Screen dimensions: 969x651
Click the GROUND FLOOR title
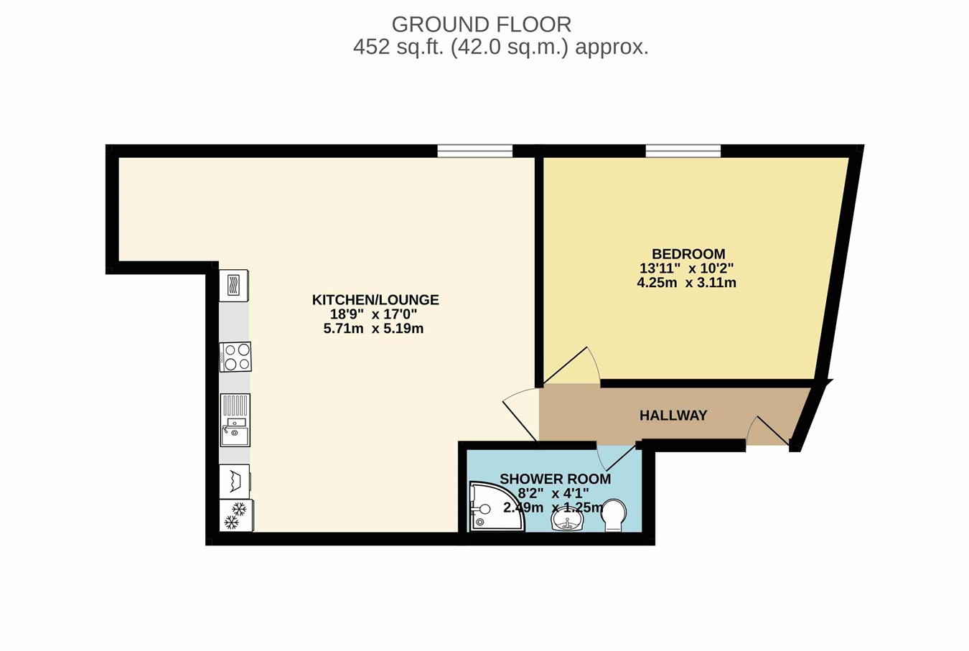pyautogui.click(x=481, y=24)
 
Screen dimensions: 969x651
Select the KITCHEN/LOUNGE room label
pyautogui.click(x=375, y=300)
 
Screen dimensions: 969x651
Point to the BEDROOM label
pyautogui.click(x=688, y=253)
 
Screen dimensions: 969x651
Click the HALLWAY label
pyautogui.click(x=673, y=416)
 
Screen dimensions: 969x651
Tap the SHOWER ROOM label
pyautogui.click(x=556, y=479)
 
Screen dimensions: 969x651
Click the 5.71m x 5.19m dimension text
pyautogui.click(x=373, y=329)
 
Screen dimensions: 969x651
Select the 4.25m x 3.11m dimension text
pyautogui.click(x=686, y=283)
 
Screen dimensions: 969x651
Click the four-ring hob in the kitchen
pyautogui.click(x=235, y=357)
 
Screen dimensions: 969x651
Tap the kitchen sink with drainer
pyautogui.click(x=235, y=420)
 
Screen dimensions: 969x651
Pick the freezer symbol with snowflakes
pyautogui.click(x=236, y=515)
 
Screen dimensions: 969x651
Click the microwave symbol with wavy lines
pyautogui.click(x=233, y=286)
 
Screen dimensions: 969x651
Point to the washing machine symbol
pyautogui.click(x=235, y=482)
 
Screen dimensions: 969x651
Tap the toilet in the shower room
pyautogui.click(x=614, y=515)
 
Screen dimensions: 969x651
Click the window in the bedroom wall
pyautogui.click(x=683, y=151)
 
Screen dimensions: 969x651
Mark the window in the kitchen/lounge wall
pyautogui.click(x=475, y=151)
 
